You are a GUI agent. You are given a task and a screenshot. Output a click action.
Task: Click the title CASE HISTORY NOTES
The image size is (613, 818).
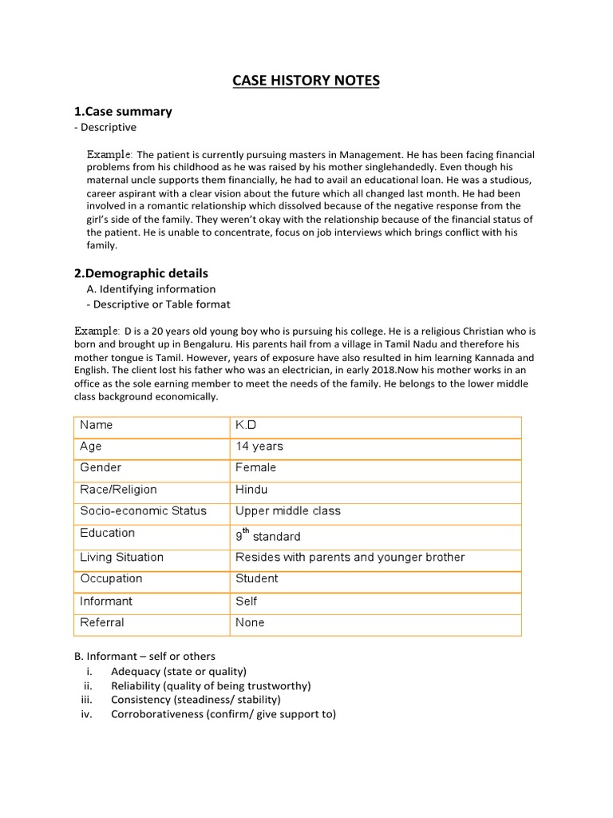(306, 81)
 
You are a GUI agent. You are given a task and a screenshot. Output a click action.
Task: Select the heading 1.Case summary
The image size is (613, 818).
(123, 111)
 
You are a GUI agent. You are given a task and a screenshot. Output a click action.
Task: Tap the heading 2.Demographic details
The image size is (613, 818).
(140, 273)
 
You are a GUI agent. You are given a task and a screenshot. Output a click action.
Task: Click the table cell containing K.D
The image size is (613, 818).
(246, 425)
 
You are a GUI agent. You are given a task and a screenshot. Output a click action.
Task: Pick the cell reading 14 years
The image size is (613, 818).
(259, 447)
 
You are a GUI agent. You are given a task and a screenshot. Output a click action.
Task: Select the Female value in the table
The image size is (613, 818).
(255, 467)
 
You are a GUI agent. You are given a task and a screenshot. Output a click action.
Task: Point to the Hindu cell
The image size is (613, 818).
(251, 489)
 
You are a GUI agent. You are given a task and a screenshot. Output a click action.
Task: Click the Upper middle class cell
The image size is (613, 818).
(287, 510)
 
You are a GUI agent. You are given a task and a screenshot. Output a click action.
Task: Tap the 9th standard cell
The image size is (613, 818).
(267, 536)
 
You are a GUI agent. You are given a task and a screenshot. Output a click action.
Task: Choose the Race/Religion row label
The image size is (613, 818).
(118, 489)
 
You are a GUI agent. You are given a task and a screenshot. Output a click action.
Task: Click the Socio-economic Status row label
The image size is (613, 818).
(143, 510)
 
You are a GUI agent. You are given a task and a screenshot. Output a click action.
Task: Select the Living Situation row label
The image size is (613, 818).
(121, 557)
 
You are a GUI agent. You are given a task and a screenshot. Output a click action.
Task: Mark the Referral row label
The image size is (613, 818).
(101, 622)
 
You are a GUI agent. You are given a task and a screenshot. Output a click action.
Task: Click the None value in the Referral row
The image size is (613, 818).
(250, 622)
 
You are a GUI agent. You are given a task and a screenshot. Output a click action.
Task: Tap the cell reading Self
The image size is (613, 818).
(246, 601)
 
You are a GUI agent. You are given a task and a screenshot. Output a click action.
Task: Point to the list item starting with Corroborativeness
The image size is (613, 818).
(223, 714)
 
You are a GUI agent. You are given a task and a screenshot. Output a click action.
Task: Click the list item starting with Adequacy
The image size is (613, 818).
(179, 671)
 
